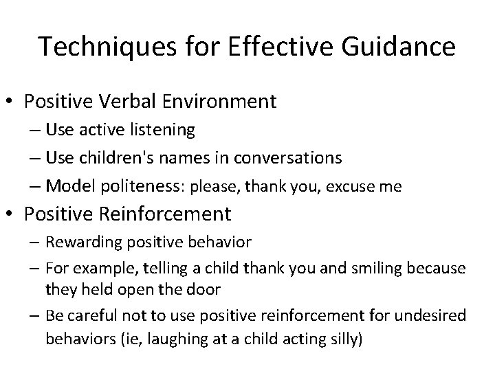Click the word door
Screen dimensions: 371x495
pos(206,289)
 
